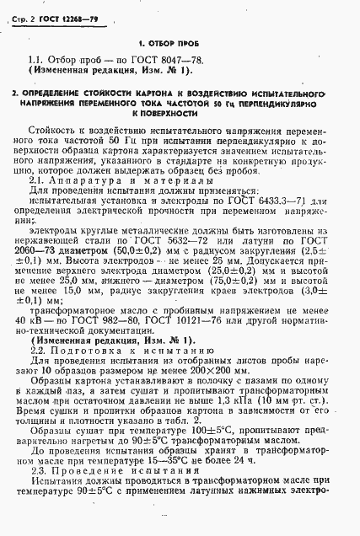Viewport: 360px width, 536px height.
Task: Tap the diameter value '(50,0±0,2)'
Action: click(157, 251)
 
